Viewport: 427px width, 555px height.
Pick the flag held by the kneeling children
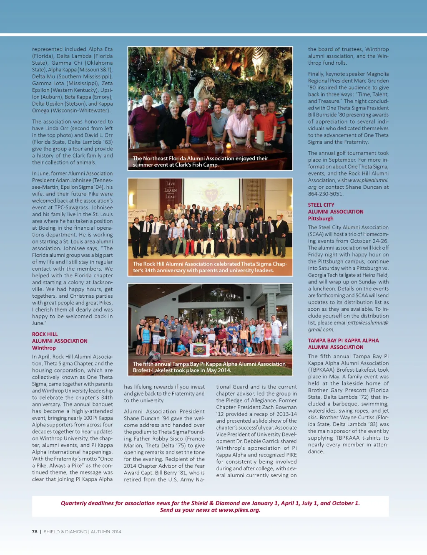click(199, 349)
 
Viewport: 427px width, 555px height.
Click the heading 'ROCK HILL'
click(45, 334)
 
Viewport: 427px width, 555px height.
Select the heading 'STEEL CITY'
click(321, 205)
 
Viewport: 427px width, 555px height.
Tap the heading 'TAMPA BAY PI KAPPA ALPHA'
click(343, 340)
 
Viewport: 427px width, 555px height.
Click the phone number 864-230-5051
click(326, 194)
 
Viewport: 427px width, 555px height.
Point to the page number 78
click(35, 532)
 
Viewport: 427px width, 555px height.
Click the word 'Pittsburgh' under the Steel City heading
click(321, 218)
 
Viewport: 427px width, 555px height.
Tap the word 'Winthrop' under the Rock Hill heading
click(44, 348)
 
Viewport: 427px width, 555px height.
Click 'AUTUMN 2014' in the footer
click(106, 532)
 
